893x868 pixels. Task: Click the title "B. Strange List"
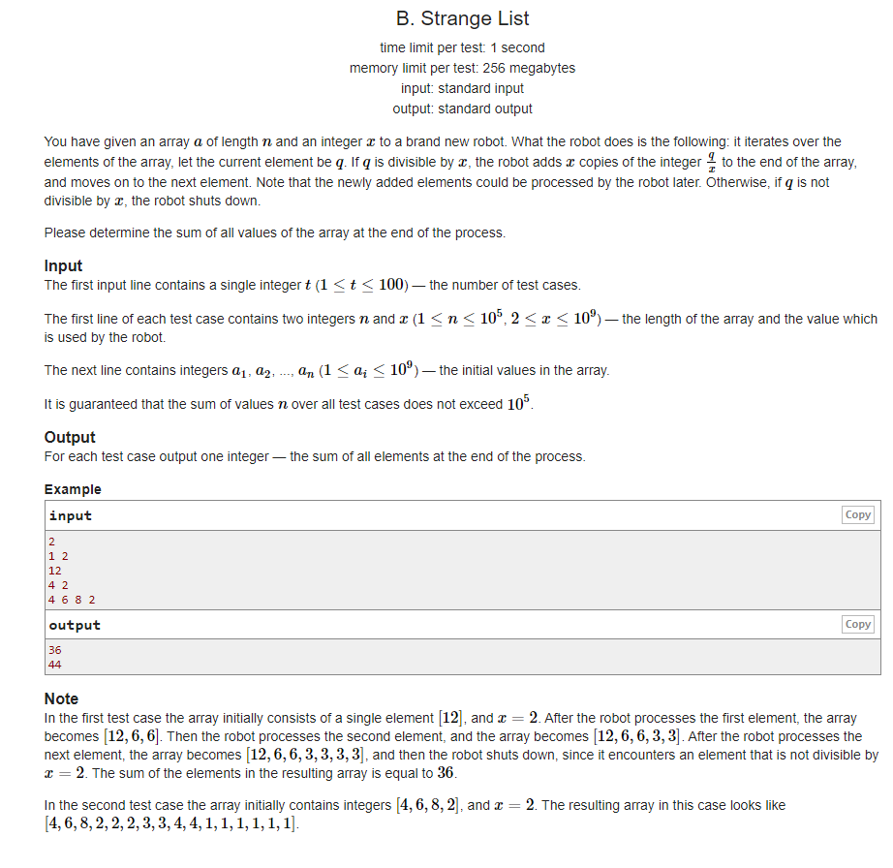click(463, 18)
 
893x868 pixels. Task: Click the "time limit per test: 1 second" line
click(463, 47)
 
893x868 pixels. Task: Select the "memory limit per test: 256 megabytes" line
click(463, 68)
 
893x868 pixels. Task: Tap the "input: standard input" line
click(463, 88)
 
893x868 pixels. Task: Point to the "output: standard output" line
click(463, 108)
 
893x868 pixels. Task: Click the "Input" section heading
click(63, 265)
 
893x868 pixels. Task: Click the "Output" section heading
click(70, 437)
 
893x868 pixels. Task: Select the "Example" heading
click(73, 489)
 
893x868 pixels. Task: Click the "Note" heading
click(61, 698)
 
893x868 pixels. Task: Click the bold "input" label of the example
click(70, 515)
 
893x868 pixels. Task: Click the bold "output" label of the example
click(75, 625)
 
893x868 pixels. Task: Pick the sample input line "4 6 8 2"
click(72, 600)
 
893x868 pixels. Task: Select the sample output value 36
click(54, 650)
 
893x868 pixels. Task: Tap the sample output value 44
click(54, 665)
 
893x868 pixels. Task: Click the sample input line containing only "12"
click(54, 571)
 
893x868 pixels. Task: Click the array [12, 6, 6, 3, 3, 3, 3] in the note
click(307, 755)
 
